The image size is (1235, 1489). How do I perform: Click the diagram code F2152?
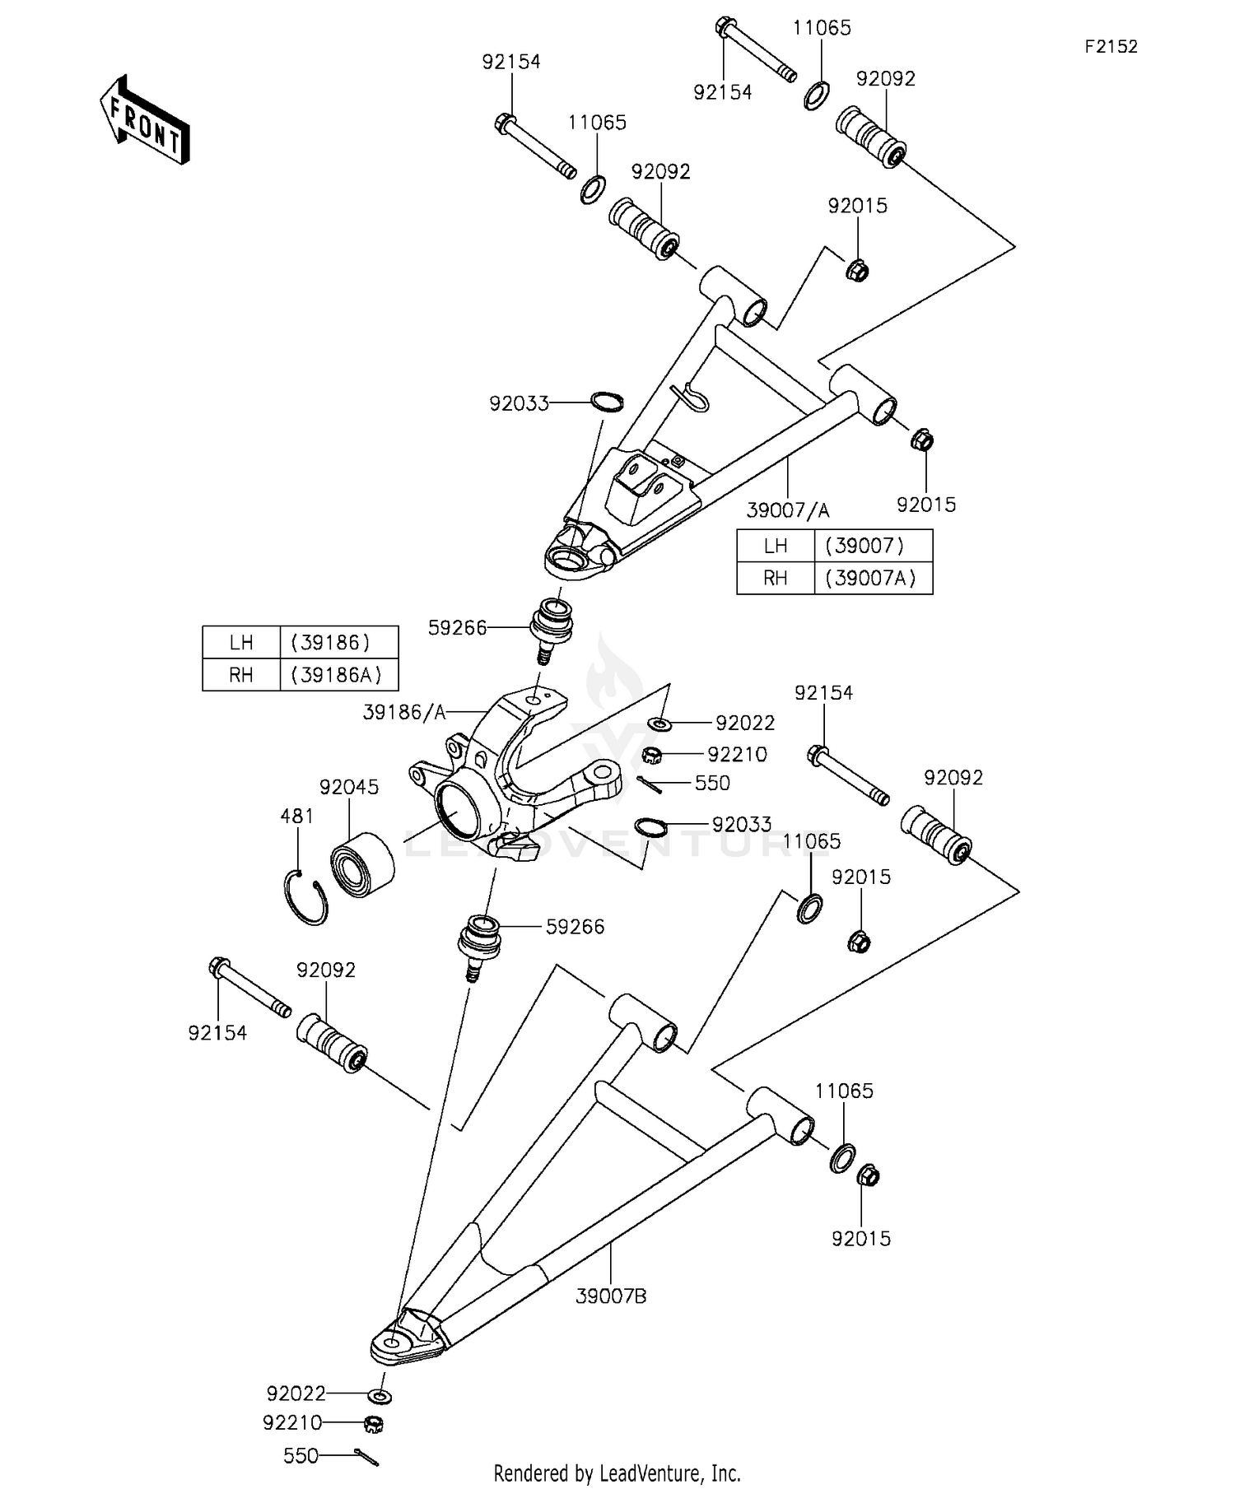point(1110,47)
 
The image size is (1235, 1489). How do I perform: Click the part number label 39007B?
point(611,1296)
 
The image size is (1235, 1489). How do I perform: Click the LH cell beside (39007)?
point(775,546)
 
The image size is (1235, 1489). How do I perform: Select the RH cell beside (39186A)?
point(240,675)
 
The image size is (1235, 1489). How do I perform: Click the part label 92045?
point(349,788)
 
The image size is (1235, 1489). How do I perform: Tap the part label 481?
point(297,817)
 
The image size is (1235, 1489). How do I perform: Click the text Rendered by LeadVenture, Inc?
point(617,1473)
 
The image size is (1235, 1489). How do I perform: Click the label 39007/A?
point(788,511)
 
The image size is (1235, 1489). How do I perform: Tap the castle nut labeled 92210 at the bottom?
point(375,1423)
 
